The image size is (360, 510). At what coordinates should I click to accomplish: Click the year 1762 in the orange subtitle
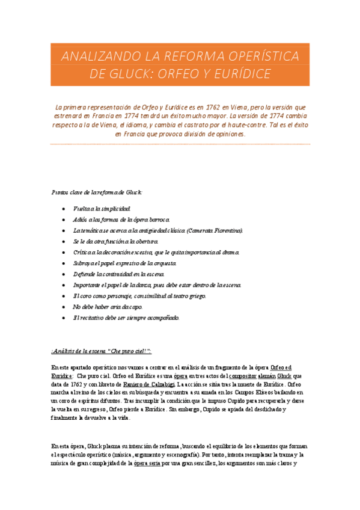215,105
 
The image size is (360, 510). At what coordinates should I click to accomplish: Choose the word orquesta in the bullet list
163,263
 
